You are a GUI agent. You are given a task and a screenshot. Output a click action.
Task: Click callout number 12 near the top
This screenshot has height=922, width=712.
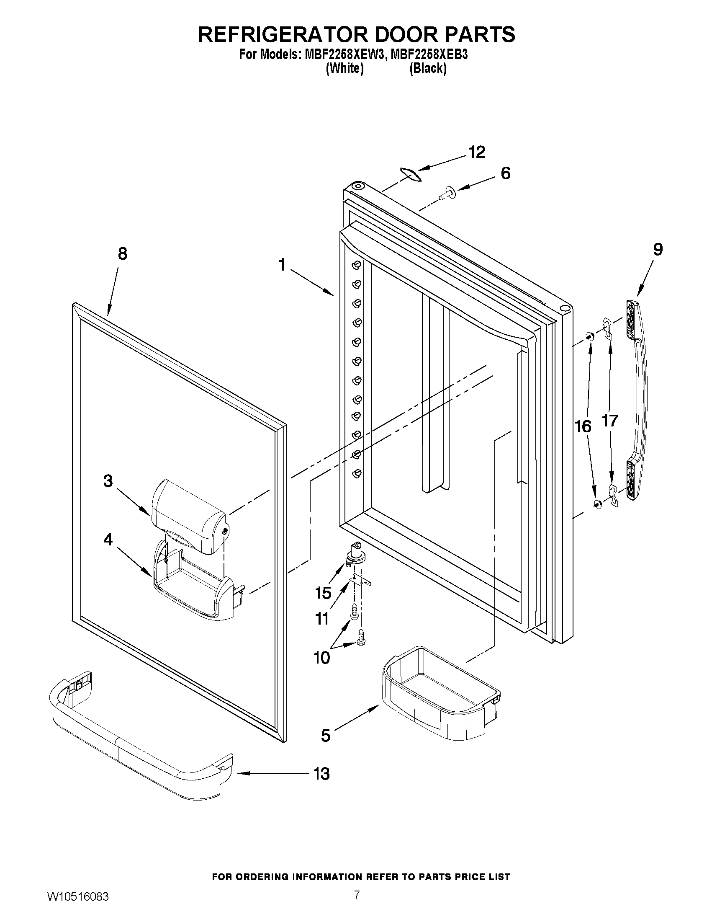[477, 152]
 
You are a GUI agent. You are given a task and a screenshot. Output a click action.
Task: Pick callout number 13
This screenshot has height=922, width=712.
[321, 774]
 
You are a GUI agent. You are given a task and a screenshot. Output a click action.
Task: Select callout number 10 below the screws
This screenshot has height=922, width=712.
[321, 657]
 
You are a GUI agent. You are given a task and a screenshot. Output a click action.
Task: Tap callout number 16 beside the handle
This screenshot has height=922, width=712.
[583, 426]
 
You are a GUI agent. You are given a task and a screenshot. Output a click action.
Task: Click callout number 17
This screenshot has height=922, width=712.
[610, 421]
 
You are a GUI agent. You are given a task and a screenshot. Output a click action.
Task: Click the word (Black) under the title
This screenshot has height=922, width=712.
[428, 68]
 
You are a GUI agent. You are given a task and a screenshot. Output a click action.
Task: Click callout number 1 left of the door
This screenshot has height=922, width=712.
[282, 265]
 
